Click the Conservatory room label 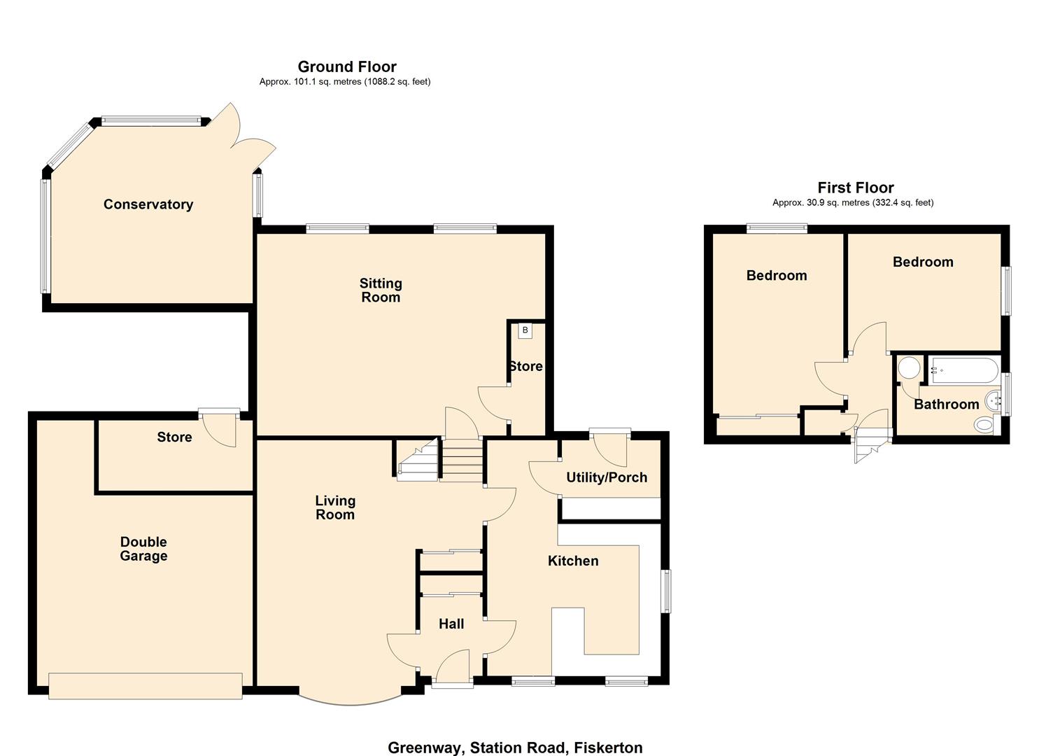[148, 204]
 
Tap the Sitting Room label [381, 290]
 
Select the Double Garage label [143, 549]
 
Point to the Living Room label [335, 507]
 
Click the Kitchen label [573, 561]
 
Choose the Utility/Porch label [607, 477]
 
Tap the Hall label [451, 624]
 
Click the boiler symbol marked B [525, 330]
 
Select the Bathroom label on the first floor [946, 404]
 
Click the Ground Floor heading [347, 66]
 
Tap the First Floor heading [855, 188]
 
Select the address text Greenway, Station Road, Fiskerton [515, 748]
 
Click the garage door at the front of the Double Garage [146, 685]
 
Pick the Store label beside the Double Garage [174, 437]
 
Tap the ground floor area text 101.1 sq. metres [345, 82]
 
